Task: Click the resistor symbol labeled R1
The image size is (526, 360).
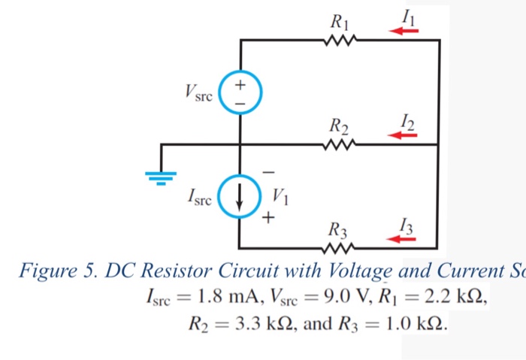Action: pos(340,40)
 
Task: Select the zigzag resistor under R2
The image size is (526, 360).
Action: pos(339,144)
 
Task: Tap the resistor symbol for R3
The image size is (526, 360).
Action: pos(338,249)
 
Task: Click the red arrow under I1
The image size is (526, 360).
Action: pos(404,32)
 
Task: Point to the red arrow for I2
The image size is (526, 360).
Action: pos(402,135)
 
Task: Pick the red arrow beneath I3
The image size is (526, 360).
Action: pos(401,239)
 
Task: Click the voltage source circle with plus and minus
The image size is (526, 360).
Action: pos(240,92)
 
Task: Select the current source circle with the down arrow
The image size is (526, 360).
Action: pos(239,196)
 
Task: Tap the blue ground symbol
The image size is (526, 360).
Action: pos(161,178)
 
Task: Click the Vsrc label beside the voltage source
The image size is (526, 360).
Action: pos(198,92)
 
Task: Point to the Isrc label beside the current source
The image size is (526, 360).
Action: pos(200,197)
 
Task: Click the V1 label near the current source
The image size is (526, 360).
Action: pos(280,197)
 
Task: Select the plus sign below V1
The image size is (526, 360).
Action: pos(268,218)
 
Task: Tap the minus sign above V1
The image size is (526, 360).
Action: pos(268,172)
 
